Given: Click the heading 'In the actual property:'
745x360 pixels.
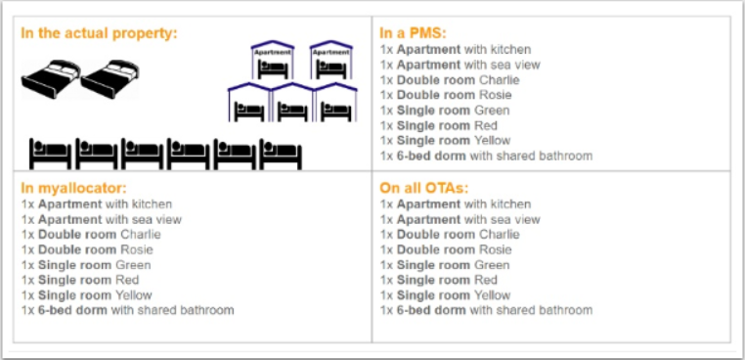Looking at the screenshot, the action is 99,34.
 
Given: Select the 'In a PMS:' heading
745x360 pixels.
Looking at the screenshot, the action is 414,33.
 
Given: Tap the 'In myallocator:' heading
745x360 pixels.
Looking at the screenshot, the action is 73,189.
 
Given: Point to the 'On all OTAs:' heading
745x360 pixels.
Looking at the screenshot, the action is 423,188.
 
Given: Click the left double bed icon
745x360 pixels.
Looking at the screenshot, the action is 51,78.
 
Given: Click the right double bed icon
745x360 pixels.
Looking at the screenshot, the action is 110,78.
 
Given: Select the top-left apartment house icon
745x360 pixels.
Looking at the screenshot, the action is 272,60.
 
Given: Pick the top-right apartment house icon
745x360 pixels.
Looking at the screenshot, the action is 330,60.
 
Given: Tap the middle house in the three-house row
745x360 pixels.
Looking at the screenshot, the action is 291,103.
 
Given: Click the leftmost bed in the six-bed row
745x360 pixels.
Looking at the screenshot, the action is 50,154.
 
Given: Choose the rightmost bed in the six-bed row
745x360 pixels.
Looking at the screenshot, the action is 281,154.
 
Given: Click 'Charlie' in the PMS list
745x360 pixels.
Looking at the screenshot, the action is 500,80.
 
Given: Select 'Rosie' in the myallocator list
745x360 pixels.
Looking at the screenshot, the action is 137,249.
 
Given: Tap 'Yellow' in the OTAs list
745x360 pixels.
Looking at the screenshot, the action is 492,295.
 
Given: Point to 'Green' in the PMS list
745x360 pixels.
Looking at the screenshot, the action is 491,111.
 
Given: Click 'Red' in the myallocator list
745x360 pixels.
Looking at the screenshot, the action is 126,280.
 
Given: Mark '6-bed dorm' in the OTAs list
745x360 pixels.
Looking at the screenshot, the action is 431,310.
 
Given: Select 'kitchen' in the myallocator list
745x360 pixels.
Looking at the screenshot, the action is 153,204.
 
